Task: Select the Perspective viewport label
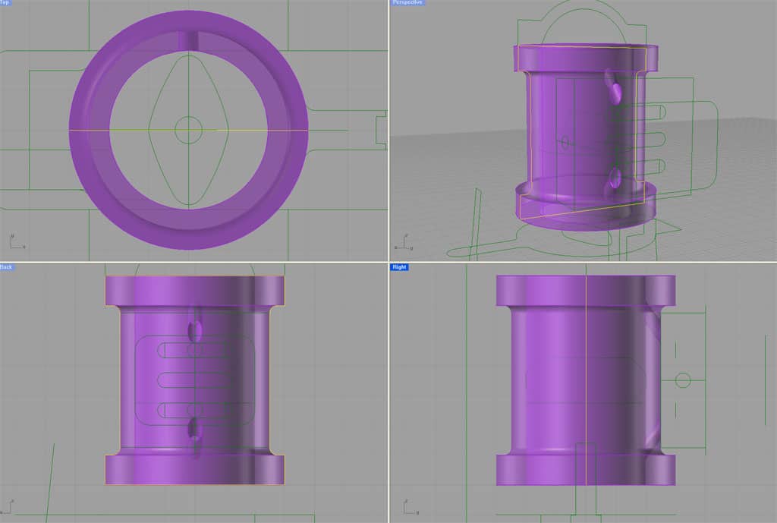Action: point(407,3)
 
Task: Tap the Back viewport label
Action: point(6,267)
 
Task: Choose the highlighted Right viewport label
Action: point(399,267)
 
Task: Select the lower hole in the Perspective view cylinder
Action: point(615,181)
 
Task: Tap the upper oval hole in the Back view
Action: point(195,329)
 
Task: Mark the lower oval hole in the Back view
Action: point(195,429)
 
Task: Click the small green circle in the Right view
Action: point(682,379)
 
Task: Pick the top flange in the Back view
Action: point(194,290)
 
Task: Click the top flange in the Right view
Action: point(584,291)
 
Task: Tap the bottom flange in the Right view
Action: point(584,470)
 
